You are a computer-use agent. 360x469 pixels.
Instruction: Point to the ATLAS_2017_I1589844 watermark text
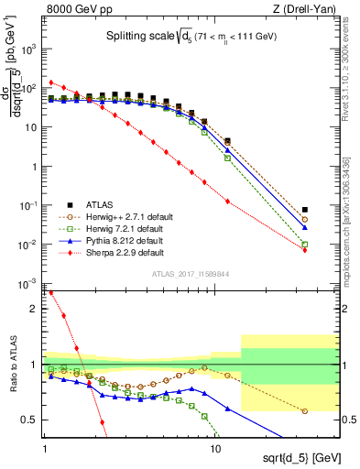(190, 273)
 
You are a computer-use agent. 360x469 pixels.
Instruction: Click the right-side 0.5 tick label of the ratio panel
(348, 420)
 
